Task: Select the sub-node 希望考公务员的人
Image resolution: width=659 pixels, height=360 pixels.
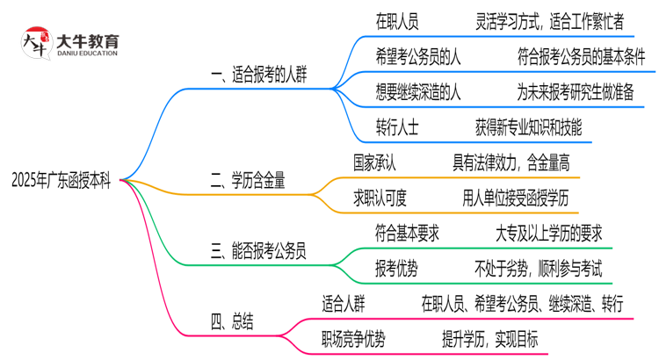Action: [x=419, y=57]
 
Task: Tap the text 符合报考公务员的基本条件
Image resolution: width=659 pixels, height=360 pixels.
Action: [x=581, y=57]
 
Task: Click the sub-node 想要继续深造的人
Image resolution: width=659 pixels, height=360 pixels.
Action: [x=419, y=92]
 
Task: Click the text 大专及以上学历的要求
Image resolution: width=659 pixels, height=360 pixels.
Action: [x=548, y=234]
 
